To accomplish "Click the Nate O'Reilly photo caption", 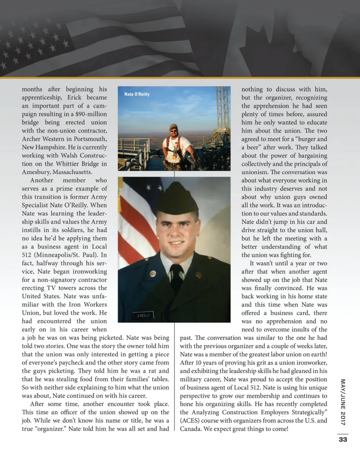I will tap(137, 94).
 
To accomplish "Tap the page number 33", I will tap(343, 439).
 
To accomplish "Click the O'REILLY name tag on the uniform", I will tap(143, 316).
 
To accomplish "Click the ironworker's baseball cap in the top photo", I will tap(173, 127).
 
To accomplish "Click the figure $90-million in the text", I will tap(91, 114).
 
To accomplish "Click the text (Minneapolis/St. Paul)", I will tap(64, 255).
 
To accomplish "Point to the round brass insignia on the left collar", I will tap(153, 273).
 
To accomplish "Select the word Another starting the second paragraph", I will tap(42, 180).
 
